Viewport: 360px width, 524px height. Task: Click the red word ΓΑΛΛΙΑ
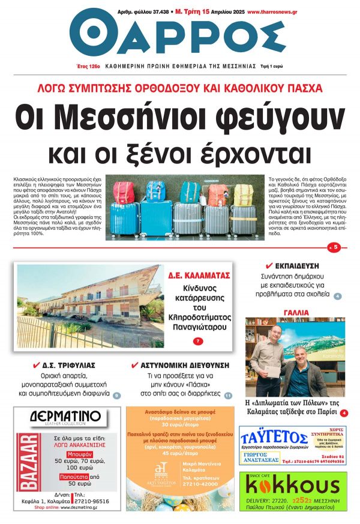tap(293, 312)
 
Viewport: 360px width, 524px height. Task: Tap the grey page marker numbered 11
tap(228, 396)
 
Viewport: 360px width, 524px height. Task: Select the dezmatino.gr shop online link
tap(71, 507)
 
